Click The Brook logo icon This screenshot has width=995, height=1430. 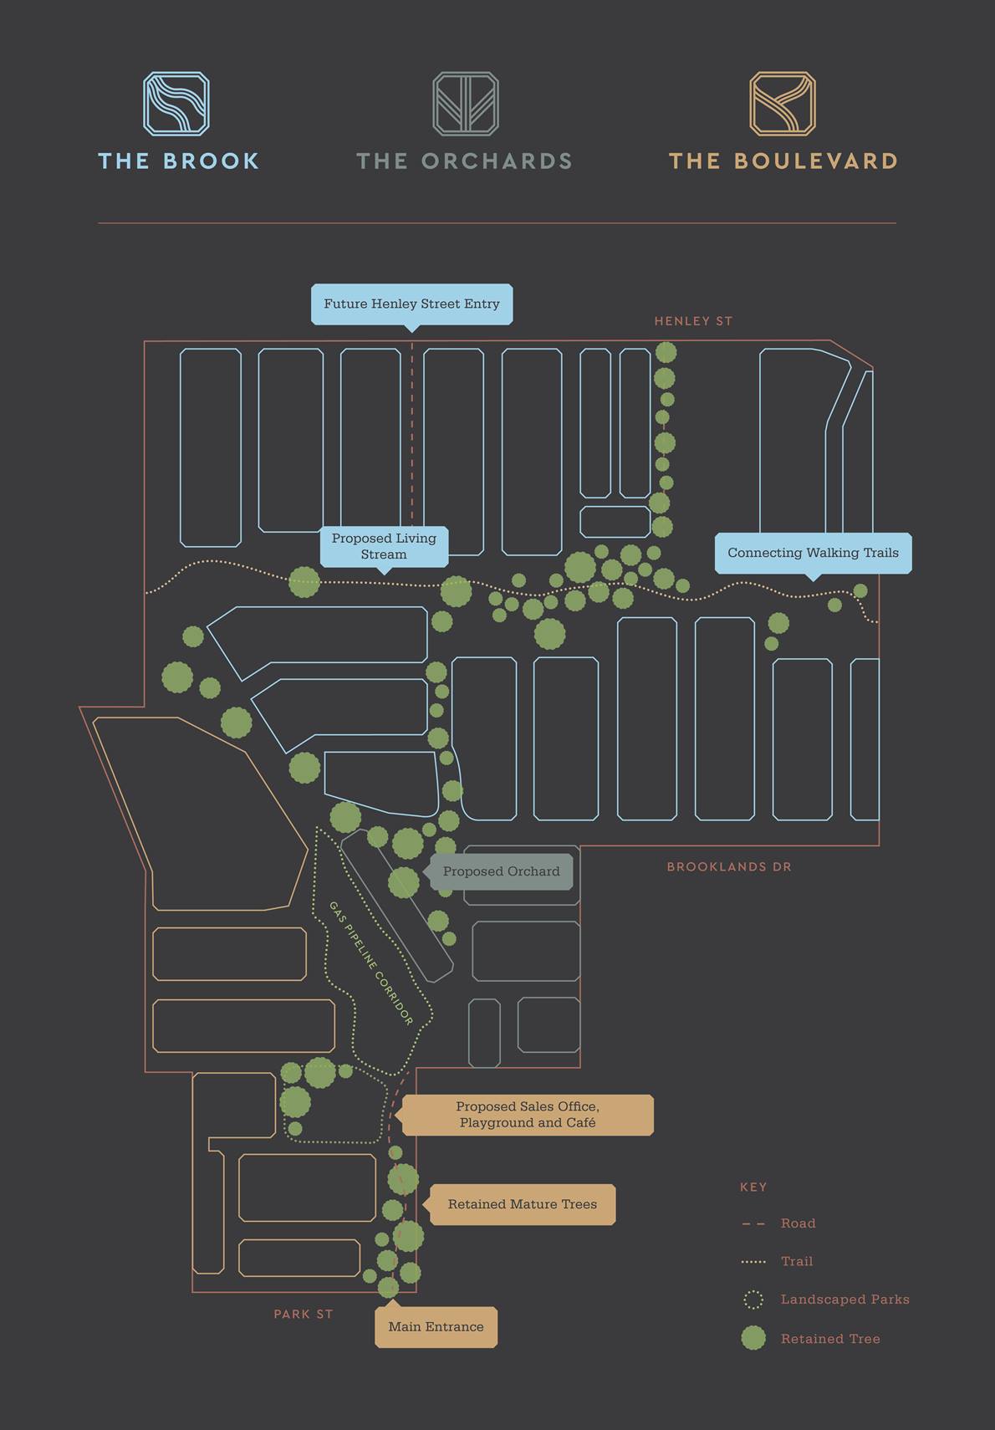point(176,104)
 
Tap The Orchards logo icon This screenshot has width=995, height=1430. point(466,104)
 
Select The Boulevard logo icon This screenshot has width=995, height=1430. point(782,104)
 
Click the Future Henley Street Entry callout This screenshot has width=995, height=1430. point(411,304)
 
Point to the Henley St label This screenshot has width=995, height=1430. point(693,321)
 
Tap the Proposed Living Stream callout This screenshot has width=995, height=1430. point(384,546)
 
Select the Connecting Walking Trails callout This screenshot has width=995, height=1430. point(813,553)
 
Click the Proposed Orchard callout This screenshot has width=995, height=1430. point(501,871)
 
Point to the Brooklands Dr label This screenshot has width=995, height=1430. point(728,867)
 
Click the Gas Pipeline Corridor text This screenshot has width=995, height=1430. point(371,963)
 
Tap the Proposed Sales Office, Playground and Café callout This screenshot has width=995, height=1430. point(528,1115)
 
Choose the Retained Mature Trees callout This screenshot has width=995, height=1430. point(522,1204)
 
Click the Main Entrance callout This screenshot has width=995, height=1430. point(436,1327)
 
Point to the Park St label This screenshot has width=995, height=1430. point(303,1315)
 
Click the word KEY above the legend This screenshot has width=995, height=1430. point(753,1187)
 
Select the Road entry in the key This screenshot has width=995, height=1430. point(798,1223)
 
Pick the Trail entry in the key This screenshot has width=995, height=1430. point(796,1261)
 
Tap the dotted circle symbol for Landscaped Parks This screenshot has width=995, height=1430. point(753,1300)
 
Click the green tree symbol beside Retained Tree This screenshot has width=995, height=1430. point(753,1338)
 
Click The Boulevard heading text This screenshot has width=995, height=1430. point(783,161)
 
